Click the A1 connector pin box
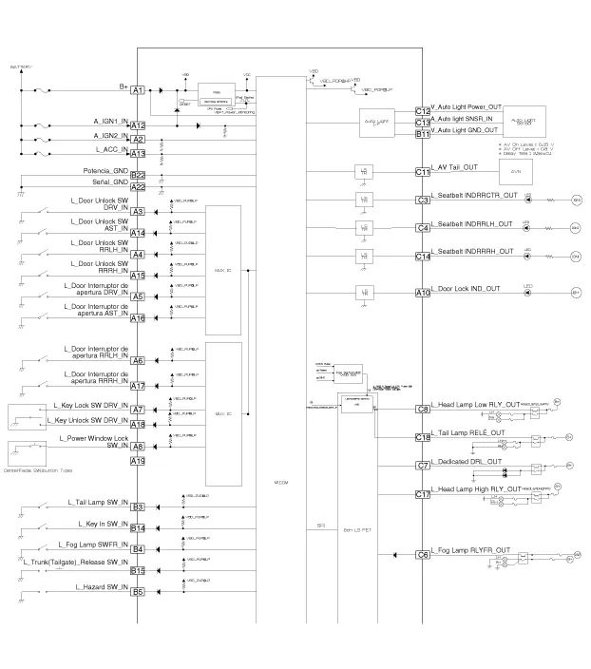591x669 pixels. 138,89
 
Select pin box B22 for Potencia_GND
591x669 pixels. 138,175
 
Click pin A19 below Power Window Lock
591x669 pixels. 138,462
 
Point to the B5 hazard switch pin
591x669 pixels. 138,592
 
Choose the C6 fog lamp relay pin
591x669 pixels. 423,555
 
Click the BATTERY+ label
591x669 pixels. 21,67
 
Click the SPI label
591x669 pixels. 320,525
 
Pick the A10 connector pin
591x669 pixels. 423,293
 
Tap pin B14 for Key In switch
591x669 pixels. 138,528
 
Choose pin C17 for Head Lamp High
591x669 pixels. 423,494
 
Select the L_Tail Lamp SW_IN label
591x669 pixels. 98,501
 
